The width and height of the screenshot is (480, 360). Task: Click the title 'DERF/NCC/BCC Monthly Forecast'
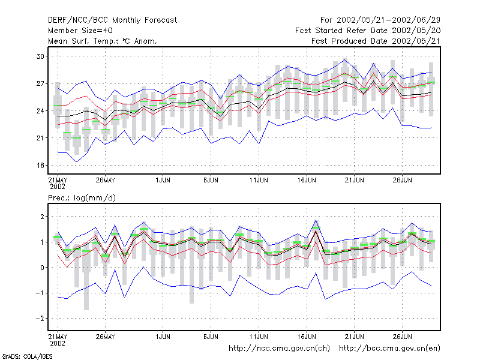pos(112,20)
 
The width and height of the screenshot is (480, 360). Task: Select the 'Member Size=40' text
pos(80,31)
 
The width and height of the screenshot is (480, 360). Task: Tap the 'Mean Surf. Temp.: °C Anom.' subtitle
pos(102,41)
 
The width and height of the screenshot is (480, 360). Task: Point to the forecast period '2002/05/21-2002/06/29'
pos(388,20)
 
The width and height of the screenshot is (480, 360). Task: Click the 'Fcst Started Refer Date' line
pos(341,31)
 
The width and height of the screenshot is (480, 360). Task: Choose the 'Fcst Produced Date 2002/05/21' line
pos(376,41)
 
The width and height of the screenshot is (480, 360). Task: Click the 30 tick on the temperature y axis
pos(40,56)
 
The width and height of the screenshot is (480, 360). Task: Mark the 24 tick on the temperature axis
pos(40,111)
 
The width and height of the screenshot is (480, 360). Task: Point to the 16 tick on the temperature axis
pos(40,166)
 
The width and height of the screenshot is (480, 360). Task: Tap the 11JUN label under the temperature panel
pos(259,180)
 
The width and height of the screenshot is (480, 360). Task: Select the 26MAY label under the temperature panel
pos(106,180)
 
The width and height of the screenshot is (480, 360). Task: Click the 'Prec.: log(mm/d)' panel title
pos(82,198)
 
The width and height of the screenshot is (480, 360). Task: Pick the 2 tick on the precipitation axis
pos(42,217)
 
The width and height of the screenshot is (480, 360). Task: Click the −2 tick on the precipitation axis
pos(40,319)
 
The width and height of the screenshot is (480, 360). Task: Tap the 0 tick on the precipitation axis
pos(42,268)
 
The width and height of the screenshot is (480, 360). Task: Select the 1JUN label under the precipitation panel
pos(163,337)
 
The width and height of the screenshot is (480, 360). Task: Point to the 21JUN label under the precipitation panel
pos(355,337)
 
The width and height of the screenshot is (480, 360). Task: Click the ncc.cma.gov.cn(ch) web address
pos(280,349)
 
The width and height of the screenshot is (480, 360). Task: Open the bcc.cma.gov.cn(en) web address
pos(389,349)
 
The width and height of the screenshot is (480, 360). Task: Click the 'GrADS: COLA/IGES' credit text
pos(27,356)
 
